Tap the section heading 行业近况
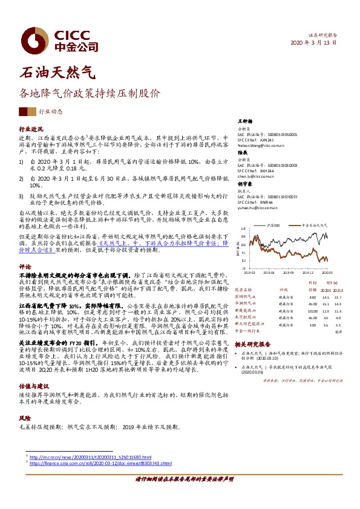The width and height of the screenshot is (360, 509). coord(31,129)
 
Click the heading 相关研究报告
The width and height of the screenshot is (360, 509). coord(254,343)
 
